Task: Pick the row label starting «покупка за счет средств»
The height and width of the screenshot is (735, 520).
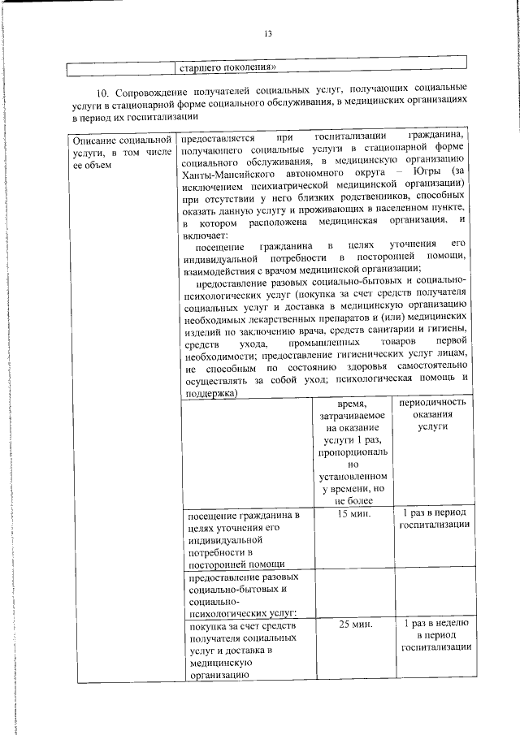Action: [x=245, y=650]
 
